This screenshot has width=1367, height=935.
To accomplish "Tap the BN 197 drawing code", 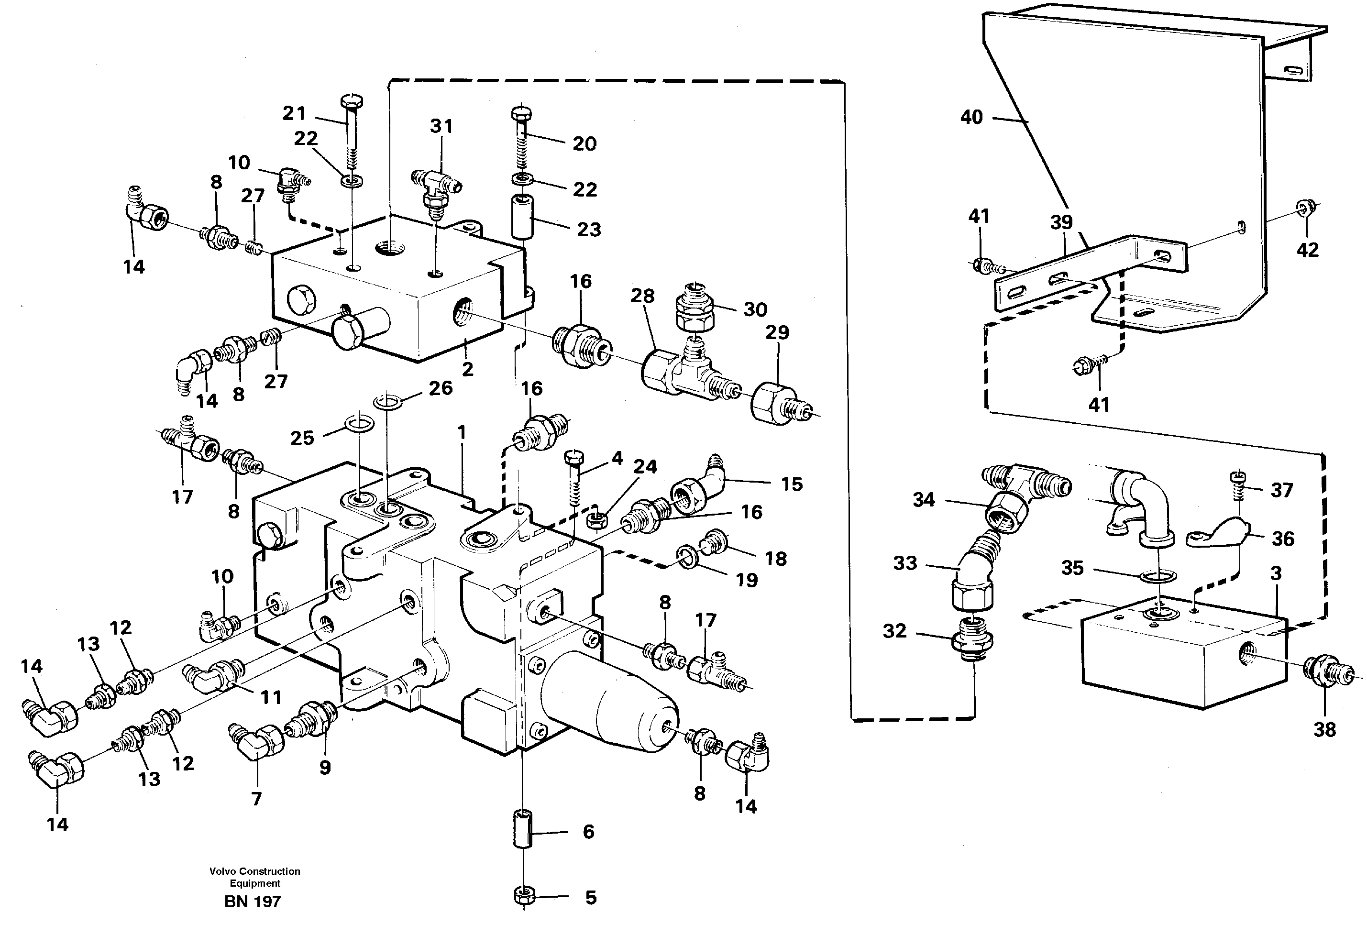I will (253, 902).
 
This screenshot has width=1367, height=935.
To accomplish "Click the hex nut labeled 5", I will (523, 897).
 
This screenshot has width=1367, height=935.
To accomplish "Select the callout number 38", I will (1324, 730).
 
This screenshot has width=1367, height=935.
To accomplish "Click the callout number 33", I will (904, 563).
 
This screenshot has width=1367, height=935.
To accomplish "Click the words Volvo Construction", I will (254, 871).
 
